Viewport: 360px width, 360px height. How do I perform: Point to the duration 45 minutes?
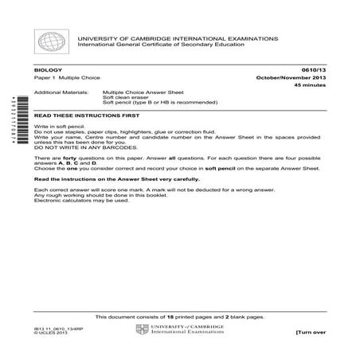[308, 84]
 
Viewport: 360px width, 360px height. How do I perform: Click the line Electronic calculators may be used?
[81, 200]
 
